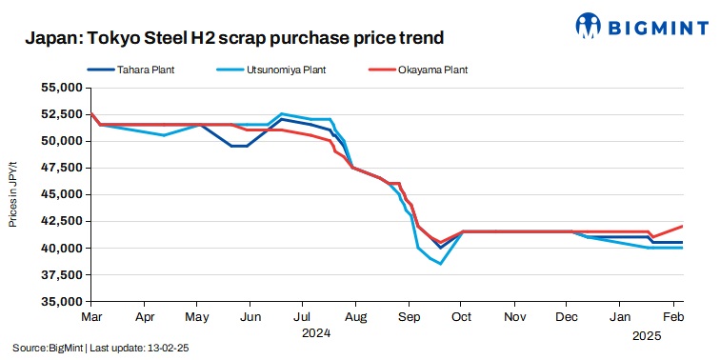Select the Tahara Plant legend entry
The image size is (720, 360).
click(x=144, y=70)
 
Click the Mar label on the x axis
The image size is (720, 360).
click(x=91, y=315)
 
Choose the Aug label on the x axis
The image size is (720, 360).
click(x=354, y=315)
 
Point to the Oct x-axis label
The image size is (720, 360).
click(x=461, y=315)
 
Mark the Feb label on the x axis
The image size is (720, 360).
click(x=671, y=315)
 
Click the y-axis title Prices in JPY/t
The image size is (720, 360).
click(x=14, y=194)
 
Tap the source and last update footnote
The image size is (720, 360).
click(x=100, y=349)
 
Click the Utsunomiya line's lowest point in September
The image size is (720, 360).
click(x=440, y=264)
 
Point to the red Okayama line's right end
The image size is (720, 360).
click(x=683, y=226)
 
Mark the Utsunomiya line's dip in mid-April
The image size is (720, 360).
click(x=164, y=135)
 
